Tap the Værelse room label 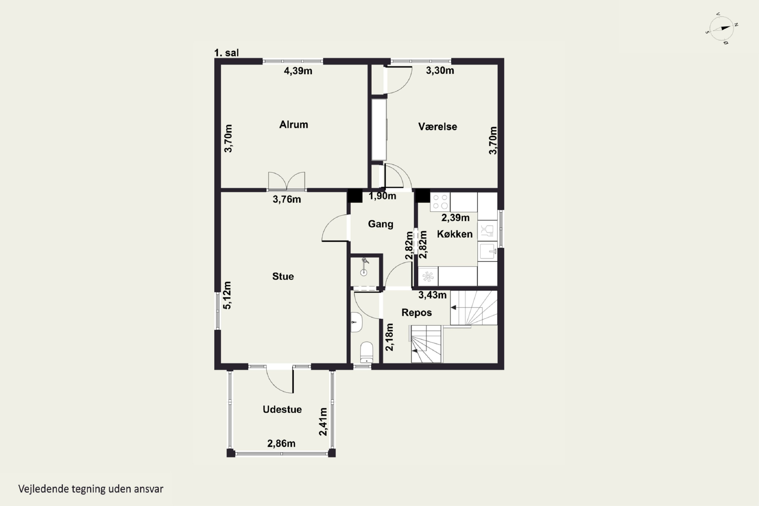pos(438,126)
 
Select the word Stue pos(283,276)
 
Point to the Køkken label pos(455,234)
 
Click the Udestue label pos(282,409)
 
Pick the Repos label pos(417,312)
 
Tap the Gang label pos(381,224)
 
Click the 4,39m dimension pos(298,71)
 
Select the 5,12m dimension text pos(227,295)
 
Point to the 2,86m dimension pos(281,444)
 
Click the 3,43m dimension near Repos pos(432,295)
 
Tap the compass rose pos(722,28)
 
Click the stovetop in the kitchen pos(440,202)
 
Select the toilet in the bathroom pos(366,353)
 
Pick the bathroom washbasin pos(356,322)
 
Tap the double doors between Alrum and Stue pos(287,181)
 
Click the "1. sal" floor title pos(226,53)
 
